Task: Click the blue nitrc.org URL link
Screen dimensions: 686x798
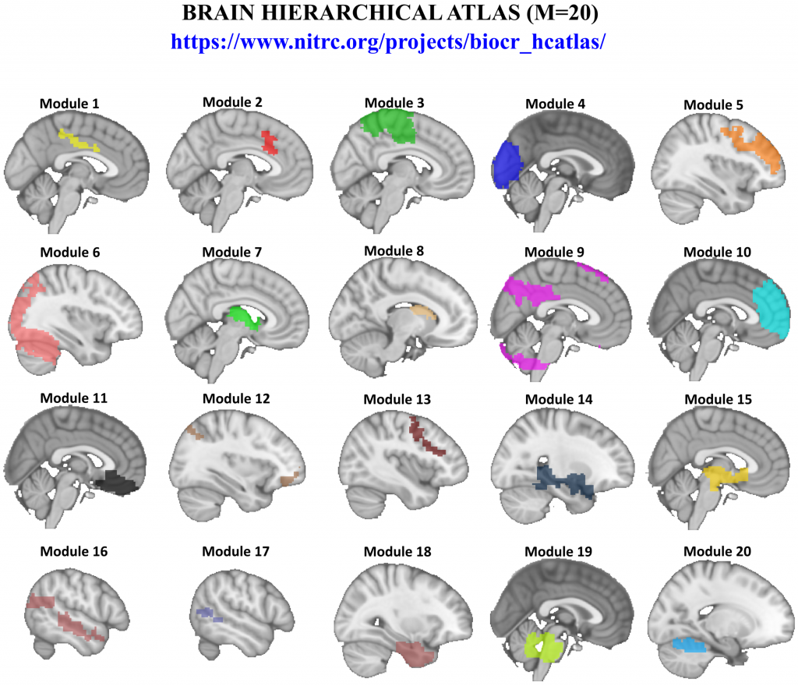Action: coord(388,41)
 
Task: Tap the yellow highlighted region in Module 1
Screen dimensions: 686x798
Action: coord(78,141)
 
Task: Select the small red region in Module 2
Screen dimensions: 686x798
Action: coord(270,143)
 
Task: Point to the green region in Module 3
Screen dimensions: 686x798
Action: coord(390,124)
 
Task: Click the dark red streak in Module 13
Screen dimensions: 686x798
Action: coord(427,438)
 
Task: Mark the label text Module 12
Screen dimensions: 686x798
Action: coord(235,399)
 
